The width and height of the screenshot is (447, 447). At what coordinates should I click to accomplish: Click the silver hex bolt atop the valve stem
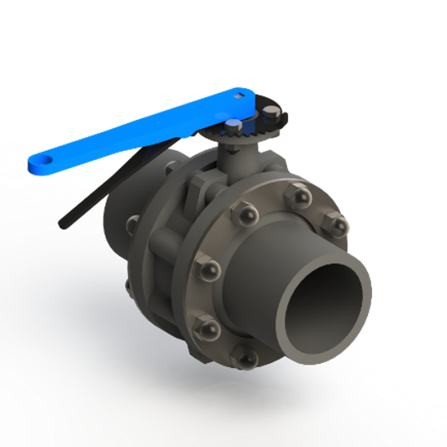coord(234,126)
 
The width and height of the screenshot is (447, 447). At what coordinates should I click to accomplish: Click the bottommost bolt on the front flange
coord(247,359)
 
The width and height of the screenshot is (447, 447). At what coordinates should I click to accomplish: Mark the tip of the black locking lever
coord(64,223)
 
